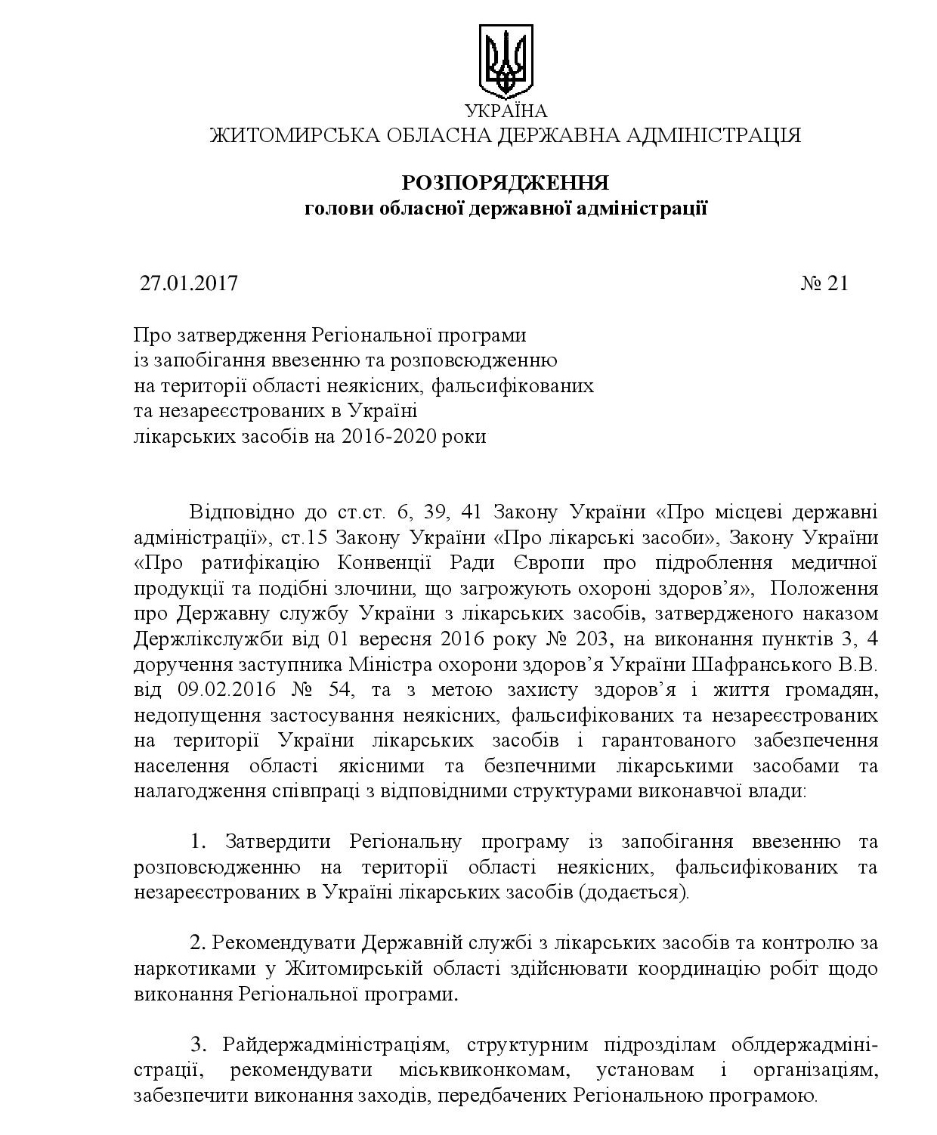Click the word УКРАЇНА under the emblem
click(506, 112)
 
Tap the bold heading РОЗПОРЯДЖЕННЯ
click(505, 184)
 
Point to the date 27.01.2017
click(189, 283)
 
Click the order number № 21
click(824, 283)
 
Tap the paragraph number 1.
click(198, 841)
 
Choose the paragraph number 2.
click(198, 943)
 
